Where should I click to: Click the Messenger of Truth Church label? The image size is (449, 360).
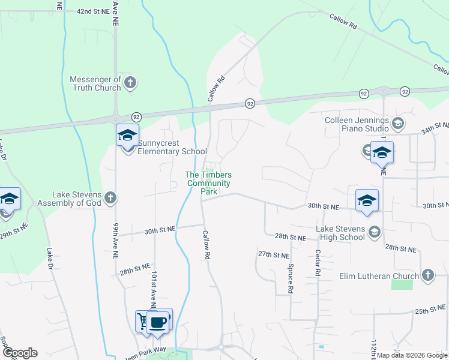95,83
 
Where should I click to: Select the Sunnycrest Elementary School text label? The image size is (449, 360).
172,148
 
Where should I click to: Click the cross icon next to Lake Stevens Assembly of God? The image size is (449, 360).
110,197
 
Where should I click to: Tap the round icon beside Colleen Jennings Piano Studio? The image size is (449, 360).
397,124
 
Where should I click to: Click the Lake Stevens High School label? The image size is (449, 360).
341,232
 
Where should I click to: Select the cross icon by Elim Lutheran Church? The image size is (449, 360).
427,275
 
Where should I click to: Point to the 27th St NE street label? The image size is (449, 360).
274,255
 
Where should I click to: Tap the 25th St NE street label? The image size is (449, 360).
431,312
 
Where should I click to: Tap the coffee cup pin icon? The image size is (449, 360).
158,322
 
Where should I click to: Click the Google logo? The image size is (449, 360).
19,353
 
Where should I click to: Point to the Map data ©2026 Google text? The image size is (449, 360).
411,355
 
